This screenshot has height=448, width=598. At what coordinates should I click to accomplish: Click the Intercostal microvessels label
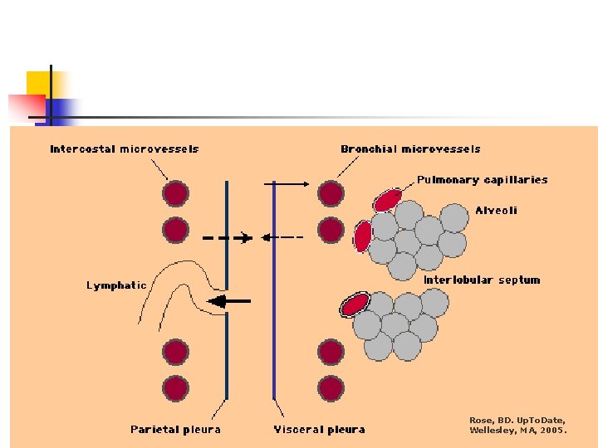[x=125, y=149]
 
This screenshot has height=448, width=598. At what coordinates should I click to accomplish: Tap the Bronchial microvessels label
[x=410, y=149]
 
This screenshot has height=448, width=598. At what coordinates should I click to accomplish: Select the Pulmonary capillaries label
[x=482, y=179]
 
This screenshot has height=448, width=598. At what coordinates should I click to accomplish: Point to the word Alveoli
[x=496, y=211]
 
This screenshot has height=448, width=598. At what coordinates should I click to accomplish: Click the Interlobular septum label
[x=482, y=280]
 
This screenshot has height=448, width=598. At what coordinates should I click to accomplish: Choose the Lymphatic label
[x=116, y=285]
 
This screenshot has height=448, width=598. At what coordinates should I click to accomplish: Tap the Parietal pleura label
[x=176, y=429]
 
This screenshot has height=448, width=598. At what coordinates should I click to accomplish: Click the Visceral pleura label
[x=319, y=429]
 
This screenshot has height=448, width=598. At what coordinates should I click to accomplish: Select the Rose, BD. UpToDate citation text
[x=518, y=425]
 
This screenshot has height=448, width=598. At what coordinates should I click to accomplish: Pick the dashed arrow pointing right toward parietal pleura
[x=228, y=238]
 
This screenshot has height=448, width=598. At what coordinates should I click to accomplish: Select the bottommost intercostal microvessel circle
[x=175, y=387]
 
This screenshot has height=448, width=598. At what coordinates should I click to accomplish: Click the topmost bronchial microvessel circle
[x=331, y=194]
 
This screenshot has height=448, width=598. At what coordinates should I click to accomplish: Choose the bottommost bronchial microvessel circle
[x=331, y=387]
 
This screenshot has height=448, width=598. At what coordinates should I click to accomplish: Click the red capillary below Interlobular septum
[x=355, y=304]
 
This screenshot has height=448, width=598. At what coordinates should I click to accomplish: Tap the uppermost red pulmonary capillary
[x=387, y=200]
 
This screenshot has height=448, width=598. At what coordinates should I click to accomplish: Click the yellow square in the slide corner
[x=38, y=84]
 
